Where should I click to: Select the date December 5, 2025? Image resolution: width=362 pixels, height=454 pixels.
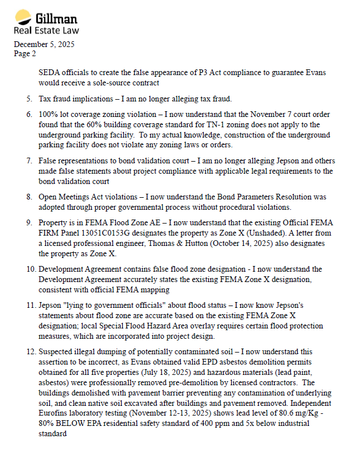point(44,44)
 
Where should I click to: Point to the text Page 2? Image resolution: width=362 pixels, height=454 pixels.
point(25,53)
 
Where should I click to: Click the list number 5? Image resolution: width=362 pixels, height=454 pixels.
point(29,99)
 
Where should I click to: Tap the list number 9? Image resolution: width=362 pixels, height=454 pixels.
point(29,222)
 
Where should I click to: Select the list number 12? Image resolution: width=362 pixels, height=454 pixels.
point(27,351)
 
